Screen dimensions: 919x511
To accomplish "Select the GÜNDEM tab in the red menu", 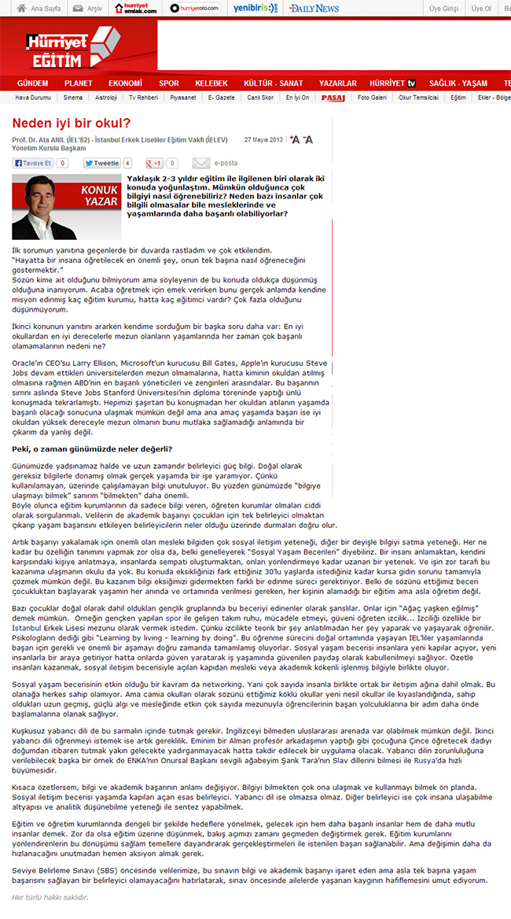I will (32, 83).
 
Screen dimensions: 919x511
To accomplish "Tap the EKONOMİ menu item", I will (125, 83).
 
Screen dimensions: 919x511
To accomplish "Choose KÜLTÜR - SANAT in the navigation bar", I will (273, 83).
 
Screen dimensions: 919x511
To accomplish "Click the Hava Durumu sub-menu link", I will (32, 98).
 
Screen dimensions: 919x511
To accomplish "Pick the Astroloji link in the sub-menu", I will (105, 98).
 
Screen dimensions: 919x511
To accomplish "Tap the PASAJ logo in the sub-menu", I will (333, 98).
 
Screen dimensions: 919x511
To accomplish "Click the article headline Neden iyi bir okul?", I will (71, 124).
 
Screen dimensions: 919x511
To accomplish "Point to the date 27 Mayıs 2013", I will (263, 139).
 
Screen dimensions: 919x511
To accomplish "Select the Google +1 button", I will (154, 164).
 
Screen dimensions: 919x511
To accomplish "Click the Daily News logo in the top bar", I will (313, 9).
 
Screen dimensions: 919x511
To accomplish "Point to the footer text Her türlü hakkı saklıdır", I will (50, 897).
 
